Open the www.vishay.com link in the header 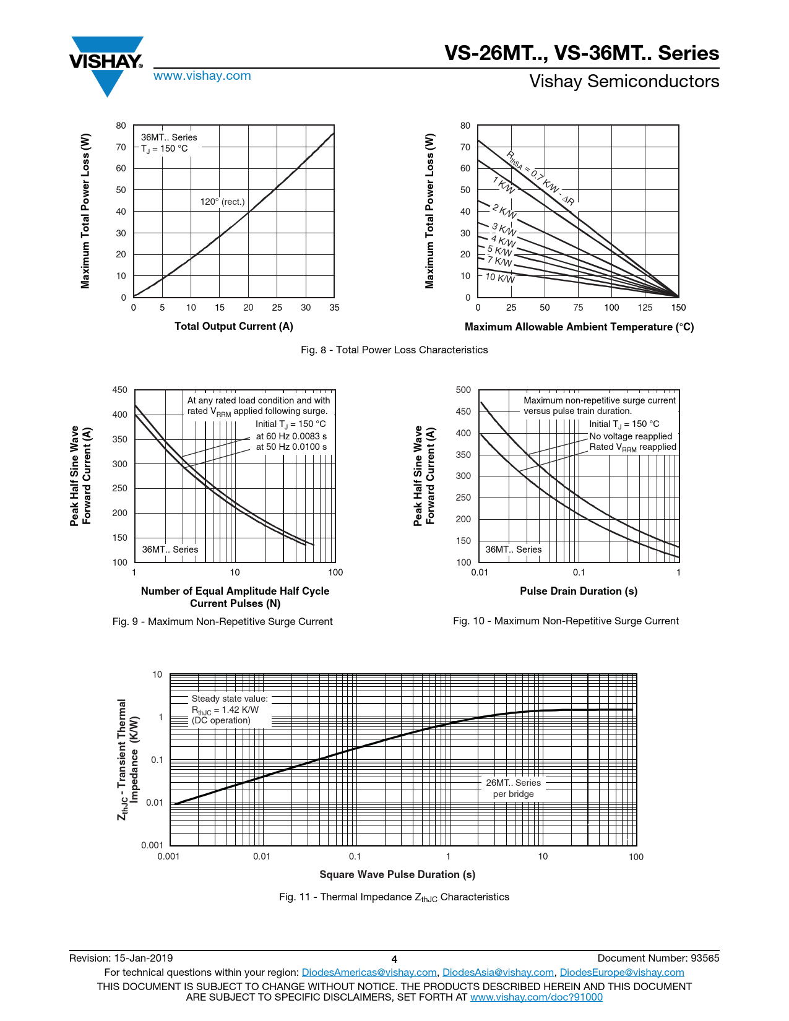tap(202, 76)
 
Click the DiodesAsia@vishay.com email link tap(498, 973)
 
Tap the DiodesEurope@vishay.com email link tap(621, 973)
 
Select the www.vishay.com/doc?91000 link tap(536, 997)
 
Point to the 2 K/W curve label tap(504, 211)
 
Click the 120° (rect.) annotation tap(222, 202)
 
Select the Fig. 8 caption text tap(394, 350)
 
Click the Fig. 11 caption tap(394, 897)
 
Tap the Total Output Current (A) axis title tap(234, 327)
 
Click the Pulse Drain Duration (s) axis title tap(579, 592)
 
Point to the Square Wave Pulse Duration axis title tap(397, 874)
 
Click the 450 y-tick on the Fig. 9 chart tap(120, 390)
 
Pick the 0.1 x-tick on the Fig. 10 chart tap(579, 573)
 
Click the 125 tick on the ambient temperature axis tap(645, 308)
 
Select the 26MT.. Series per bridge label tap(513, 788)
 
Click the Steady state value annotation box tap(230, 710)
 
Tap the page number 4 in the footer tap(394, 959)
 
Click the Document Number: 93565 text tap(658, 959)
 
